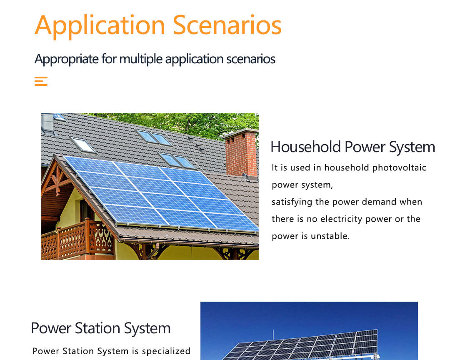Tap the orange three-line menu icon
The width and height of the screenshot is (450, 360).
[41, 81]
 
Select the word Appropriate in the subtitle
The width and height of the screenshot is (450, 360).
[67, 59]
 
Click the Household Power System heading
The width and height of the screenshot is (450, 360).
[352, 147]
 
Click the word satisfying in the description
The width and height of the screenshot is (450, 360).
[292, 202]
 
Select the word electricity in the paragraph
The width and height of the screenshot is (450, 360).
[344, 219]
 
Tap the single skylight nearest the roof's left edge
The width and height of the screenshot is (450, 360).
[83, 145]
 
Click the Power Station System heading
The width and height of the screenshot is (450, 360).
[101, 328]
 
